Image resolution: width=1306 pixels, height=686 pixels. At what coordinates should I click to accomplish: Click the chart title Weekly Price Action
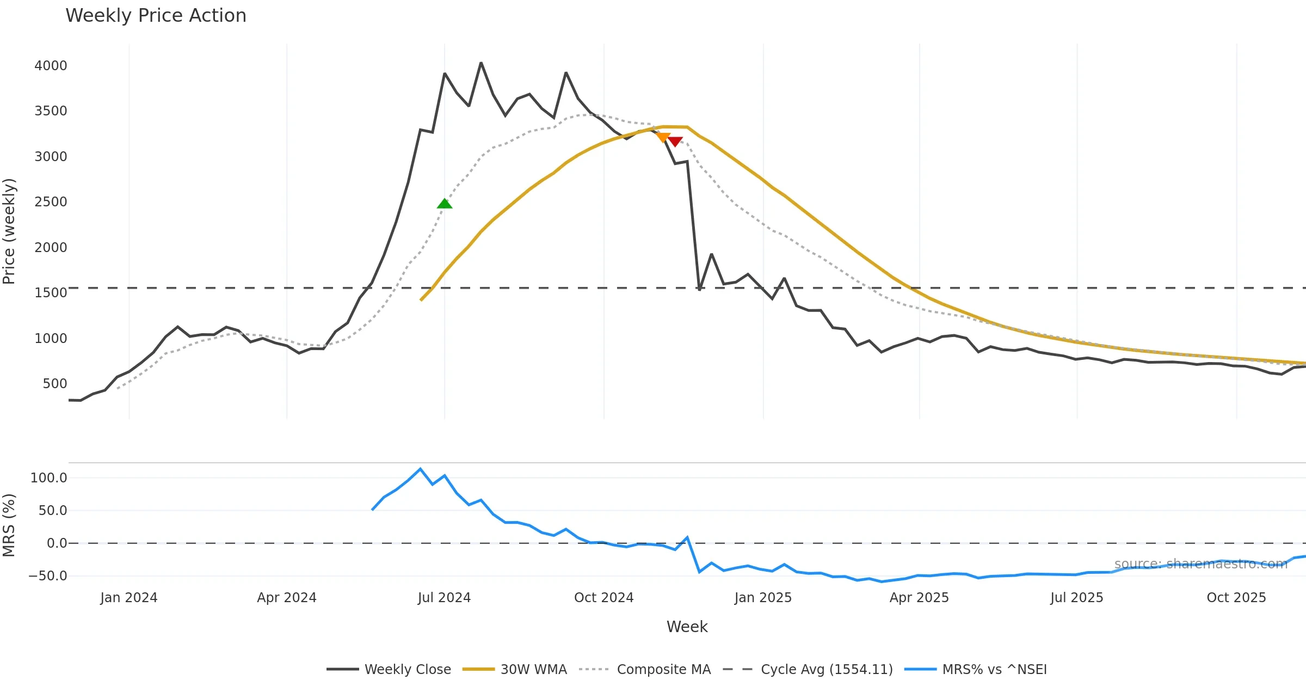pyautogui.click(x=156, y=16)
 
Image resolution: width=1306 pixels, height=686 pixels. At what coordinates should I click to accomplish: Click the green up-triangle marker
pyautogui.click(x=445, y=204)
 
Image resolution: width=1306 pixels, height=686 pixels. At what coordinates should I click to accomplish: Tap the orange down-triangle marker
pyautogui.click(x=663, y=138)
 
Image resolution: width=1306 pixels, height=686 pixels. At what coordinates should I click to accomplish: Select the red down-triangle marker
pyautogui.click(x=675, y=142)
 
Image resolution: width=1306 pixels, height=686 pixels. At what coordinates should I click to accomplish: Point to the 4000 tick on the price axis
pyautogui.click(x=51, y=66)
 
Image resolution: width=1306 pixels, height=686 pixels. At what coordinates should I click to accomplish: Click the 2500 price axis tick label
pyautogui.click(x=51, y=202)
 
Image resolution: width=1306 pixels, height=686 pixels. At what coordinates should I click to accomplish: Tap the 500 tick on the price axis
pyautogui.click(x=54, y=384)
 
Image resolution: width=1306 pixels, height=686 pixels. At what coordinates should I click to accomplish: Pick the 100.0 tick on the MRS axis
pyautogui.click(x=48, y=478)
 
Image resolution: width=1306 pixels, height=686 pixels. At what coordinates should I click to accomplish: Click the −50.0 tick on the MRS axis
pyautogui.click(x=47, y=576)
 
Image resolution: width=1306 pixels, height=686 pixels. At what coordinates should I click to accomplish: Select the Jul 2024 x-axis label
pyautogui.click(x=444, y=598)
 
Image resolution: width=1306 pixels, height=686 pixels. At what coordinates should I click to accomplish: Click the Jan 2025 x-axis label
pyautogui.click(x=763, y=598)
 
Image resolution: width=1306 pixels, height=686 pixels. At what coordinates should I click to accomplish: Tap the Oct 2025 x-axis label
pyautogui.click(x=1236, y=598)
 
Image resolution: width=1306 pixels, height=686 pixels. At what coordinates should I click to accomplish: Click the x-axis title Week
pyautogui.click(x=687, y=627)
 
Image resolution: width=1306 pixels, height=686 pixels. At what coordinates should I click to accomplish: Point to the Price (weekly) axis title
pyautogui.click(x=9, y=231)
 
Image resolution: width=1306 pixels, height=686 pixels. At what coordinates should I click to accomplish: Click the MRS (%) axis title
pyautogui.click(x=9, y=525)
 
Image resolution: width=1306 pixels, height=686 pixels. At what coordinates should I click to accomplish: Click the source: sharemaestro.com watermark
pyautogui.click(x=1200, y=564)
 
